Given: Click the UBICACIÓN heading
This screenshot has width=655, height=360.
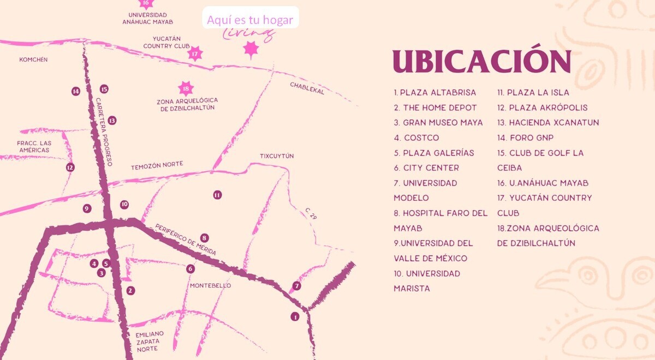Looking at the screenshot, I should [481, 62].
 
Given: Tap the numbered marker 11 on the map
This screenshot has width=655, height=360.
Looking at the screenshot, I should [217, 195].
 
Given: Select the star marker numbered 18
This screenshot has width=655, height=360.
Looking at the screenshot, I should [186, 88].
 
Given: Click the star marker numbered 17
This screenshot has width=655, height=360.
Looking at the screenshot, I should [195, 53].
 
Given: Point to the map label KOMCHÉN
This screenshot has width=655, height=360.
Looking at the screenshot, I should [33, 59].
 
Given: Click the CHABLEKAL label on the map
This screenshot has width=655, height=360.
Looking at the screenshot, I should [307, 88].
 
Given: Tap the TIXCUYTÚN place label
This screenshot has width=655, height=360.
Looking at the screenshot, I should [277, 156].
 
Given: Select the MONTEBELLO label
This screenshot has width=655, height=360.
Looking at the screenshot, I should [210, 286].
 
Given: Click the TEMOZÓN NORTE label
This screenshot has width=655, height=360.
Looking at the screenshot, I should [157, 164].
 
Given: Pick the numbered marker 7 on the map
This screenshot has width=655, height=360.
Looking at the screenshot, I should [296, 286].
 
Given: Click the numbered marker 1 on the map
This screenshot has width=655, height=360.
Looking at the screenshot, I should [295, 316].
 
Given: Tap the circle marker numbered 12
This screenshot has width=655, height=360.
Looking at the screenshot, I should [70, 167].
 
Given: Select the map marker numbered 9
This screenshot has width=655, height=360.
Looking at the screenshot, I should [86, 208].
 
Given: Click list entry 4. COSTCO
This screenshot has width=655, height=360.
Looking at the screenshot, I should [416, 138].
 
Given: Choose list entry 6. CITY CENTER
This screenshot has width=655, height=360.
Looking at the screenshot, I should [426, 168].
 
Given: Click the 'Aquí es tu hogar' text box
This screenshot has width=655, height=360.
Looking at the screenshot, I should [250, 20].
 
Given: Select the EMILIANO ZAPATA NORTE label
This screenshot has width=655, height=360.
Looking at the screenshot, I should [150, 341].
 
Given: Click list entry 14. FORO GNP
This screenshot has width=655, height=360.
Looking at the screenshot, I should [525, 138].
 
